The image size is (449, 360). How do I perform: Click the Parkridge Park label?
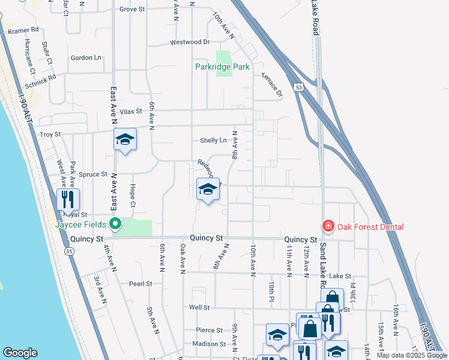pos(222,67)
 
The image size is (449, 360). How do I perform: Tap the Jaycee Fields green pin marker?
pos(115,225)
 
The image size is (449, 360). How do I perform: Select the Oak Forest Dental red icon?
pos(328,226)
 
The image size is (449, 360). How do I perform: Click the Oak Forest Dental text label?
pos(370,227)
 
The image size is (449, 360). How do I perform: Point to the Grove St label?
pos(133,9)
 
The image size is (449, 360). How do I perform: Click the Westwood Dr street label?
pos(190,42)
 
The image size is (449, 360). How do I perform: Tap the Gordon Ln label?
pos(86,58)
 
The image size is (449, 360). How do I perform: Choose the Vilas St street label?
pos(130,111)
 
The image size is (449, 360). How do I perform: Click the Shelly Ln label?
pos(213,140)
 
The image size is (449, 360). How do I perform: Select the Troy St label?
pos(50,135)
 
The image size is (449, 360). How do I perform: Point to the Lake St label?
pos(340,276)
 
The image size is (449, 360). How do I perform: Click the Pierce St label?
pos(209,330)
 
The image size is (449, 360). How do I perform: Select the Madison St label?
pos(208,344)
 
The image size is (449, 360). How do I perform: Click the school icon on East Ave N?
pos(125,140)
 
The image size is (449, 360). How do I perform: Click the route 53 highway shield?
pos(298,88)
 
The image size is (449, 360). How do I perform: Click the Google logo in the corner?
pos(20,353)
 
